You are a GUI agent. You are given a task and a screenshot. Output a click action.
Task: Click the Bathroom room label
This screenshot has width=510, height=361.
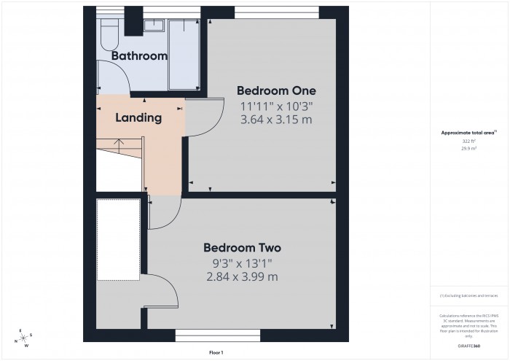click(139, 55)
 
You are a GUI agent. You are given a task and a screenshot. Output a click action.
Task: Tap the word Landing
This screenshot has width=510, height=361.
click(138, 117)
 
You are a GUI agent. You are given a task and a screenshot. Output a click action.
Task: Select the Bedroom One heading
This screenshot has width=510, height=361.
click(276, 90)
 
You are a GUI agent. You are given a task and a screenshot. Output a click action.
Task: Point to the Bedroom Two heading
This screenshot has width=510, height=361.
click(242, 247)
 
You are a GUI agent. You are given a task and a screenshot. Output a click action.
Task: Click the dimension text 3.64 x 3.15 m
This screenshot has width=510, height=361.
click(276, 120)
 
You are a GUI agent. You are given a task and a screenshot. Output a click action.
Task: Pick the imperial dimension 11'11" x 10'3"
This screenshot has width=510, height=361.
click(276, 106)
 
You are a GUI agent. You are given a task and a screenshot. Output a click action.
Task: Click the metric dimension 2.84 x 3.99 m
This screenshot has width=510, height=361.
click(242, 276)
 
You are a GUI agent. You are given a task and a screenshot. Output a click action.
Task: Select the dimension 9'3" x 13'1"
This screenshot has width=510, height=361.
click(242, 263)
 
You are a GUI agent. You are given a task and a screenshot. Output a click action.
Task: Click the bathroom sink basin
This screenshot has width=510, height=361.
click(154, 26)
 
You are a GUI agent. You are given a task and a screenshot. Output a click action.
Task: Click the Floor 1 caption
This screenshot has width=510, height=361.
click(216, 352)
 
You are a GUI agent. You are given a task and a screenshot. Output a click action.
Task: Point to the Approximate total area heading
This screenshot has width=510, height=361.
click(468, 133)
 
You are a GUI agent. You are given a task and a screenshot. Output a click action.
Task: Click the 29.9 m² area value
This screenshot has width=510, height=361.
click(468, 147)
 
